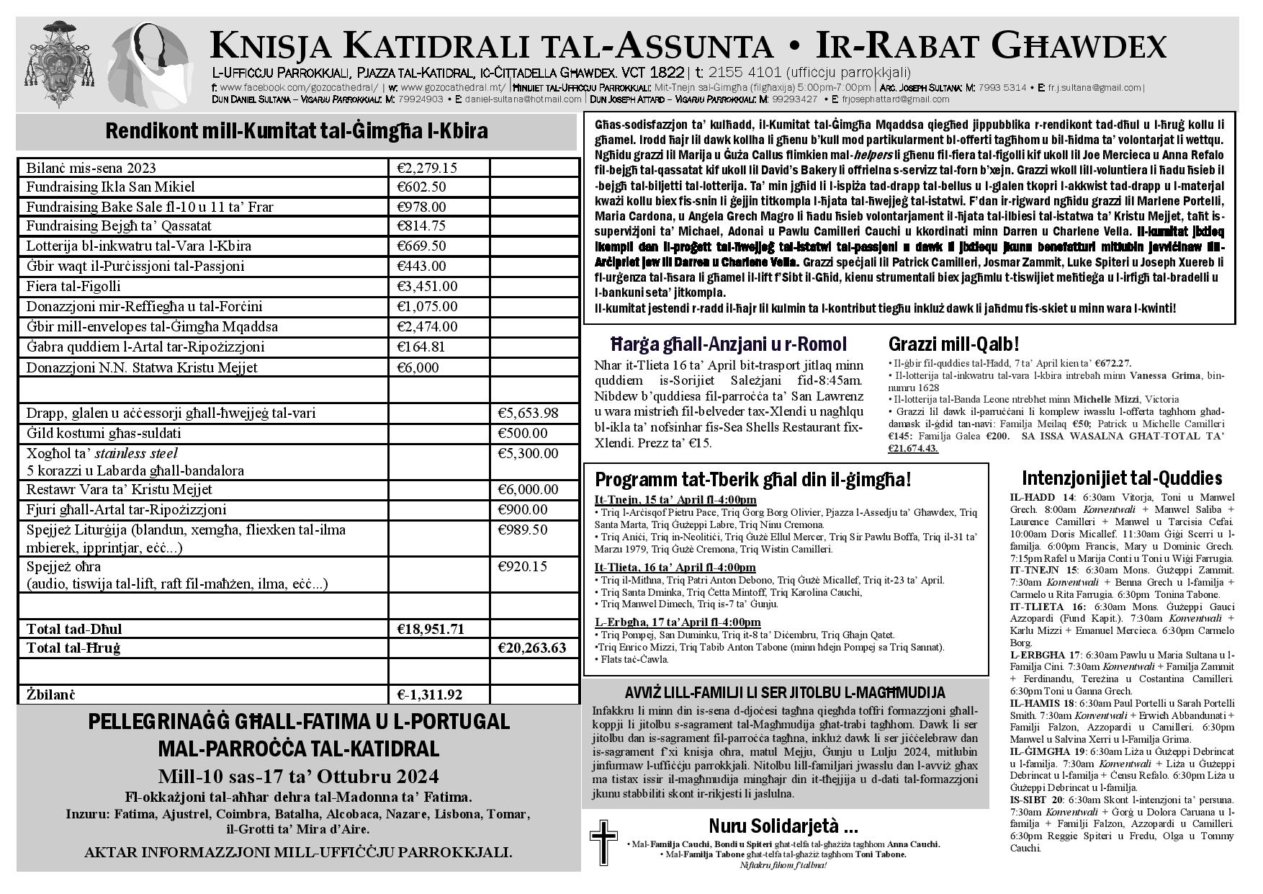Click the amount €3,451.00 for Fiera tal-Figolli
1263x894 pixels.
[427, 287]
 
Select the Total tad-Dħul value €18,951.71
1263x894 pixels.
[431, 629]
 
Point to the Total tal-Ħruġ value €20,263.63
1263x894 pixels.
[532, 648]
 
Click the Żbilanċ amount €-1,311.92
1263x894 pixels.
[430, 695]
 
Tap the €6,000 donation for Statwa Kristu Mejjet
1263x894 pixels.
[418, 367]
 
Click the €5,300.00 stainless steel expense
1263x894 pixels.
[528, 453]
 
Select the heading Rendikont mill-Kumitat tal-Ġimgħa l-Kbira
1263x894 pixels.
[296, 131]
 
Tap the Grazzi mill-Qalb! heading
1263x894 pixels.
[953, 344]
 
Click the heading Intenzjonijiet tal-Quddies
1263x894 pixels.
[1121, 478]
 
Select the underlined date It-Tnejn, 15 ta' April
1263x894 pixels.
[675, 500]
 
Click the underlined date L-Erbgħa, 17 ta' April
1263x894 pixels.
[678, 622]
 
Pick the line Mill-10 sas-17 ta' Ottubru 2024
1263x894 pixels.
[298, 777]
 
